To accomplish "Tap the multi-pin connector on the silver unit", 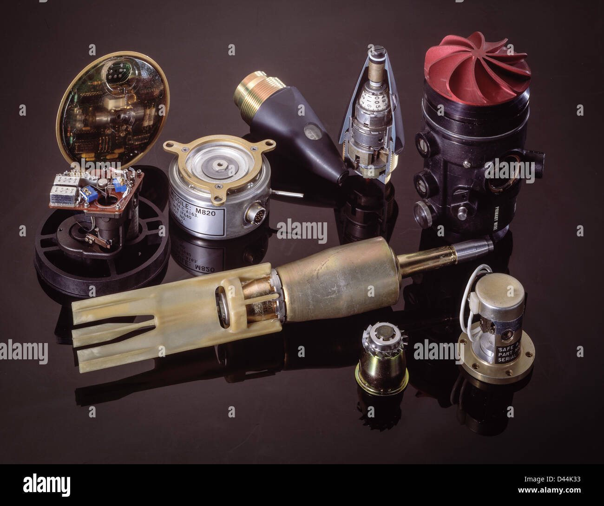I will [254, 215].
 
